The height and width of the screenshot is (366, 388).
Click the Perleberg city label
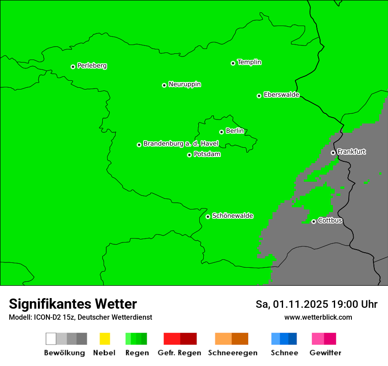[92, 66]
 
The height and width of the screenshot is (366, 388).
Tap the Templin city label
[249, 62]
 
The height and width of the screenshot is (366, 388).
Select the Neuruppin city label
[184, 84]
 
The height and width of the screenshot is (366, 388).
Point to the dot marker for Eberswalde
[259, 96]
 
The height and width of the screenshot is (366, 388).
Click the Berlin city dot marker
[221, 132]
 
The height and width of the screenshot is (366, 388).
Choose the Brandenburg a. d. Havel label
[181, 144]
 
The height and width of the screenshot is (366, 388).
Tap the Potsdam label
[207, 154]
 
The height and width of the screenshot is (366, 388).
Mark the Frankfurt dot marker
[333, 153]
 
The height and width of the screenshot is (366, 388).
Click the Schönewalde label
[232, 216]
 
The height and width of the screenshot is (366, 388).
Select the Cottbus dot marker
[313, 221]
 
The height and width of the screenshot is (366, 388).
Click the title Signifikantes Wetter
[73, 304]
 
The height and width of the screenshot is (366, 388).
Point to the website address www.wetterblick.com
[318, 317]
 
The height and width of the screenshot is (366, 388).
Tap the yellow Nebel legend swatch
[104, 339]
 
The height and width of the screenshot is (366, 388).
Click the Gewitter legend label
[325, 353]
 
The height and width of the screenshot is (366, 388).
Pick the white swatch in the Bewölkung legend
[51, 339]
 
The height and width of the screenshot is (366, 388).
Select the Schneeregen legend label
[232, 353]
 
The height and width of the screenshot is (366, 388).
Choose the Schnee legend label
[284, 353]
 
